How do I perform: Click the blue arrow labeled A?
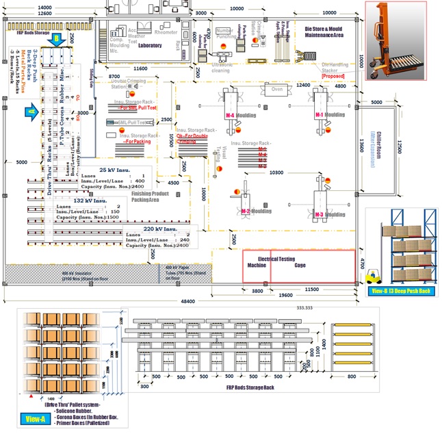pos(31,110)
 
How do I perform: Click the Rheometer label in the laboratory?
pos(166,32)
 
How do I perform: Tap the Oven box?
pos(278,89)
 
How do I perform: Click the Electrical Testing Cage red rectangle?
pos(300,266)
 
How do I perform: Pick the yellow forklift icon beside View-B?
pos(374,277)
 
